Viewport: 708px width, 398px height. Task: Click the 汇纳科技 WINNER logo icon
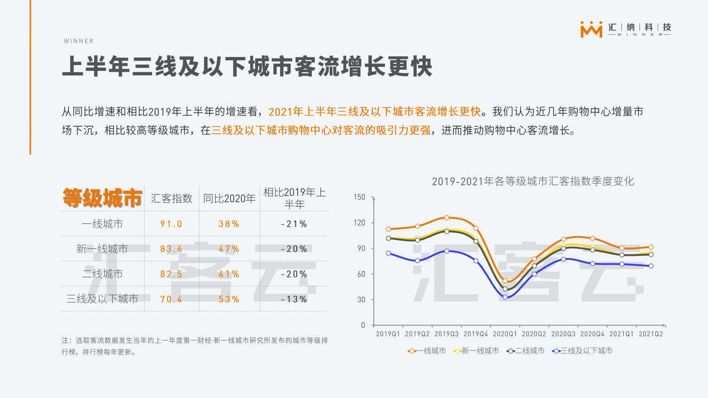point(591,29)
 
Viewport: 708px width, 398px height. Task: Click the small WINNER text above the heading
point(79,41)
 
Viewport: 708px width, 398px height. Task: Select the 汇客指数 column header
point(172,198)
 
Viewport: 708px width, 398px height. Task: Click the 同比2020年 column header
point(229,198)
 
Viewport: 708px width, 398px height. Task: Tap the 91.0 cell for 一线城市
point(171,224)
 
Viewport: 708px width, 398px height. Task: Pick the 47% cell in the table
point(229,249)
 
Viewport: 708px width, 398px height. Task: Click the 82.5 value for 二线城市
point(171,274)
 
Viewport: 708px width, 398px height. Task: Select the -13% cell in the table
point(294,299)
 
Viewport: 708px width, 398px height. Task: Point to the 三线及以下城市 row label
point(102,299)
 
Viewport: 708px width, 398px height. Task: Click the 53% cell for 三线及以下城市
point(229,299)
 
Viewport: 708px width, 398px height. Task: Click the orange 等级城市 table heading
point(102,198)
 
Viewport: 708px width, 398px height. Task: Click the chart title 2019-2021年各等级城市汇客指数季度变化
point(533,181)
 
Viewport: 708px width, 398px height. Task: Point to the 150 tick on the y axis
point(360,197)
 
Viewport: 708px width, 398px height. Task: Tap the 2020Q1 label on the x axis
point(505,334)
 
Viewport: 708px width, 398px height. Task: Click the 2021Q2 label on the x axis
point(651,334)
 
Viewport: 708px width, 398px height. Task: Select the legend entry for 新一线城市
point(476,351)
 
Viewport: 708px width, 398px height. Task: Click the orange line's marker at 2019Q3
point(447,217)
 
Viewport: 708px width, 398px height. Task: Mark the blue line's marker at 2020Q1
point(505,297)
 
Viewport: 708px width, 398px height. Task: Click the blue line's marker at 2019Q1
point(389,253)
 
